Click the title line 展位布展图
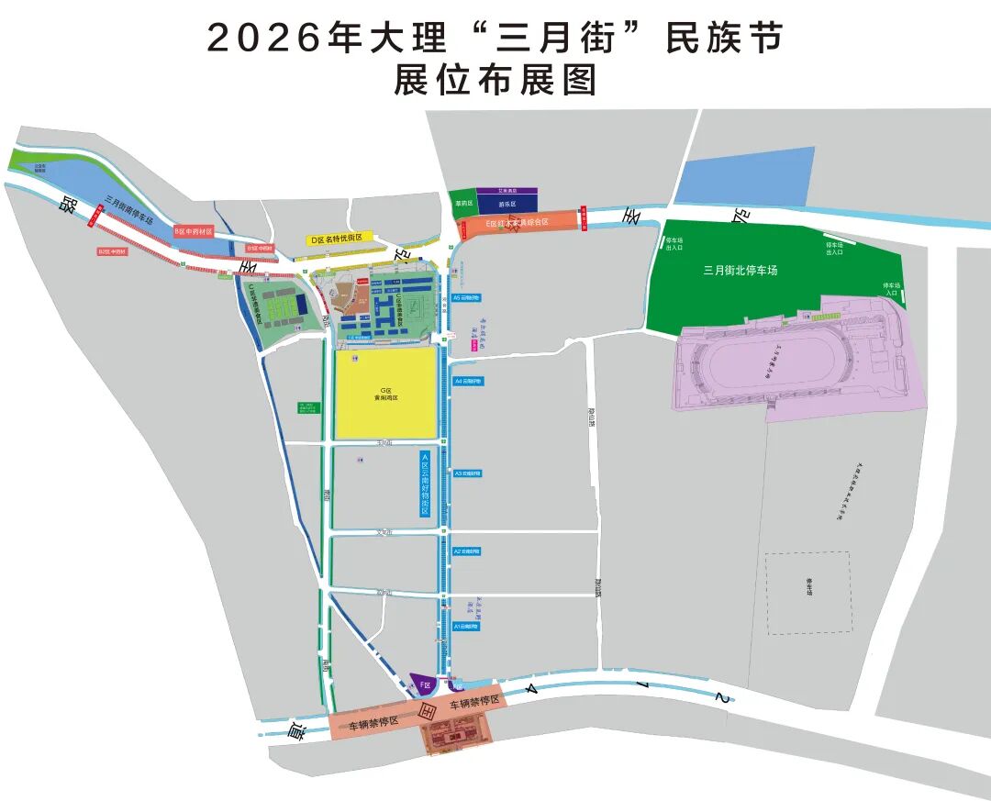(495, 81)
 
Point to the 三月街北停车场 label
(740, 271)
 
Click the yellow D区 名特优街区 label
(336, 239)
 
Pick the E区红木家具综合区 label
(516, 223)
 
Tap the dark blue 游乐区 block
(507, 204)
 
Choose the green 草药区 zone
(463, 203)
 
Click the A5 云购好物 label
(466, 298)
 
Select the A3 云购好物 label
(467, 473)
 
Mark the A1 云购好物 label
(467, 627)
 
